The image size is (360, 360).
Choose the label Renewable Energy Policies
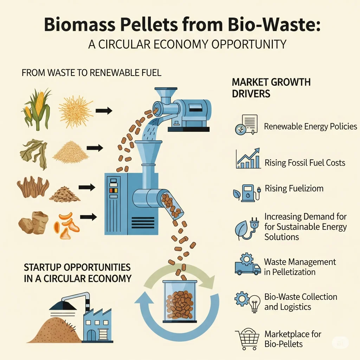click(x=310, y=127)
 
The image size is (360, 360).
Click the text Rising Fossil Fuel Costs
click(x=305, y=163)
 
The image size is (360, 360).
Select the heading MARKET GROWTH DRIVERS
click(x=271, y=88)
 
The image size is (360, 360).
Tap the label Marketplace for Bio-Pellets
click(x=293, y=339)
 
